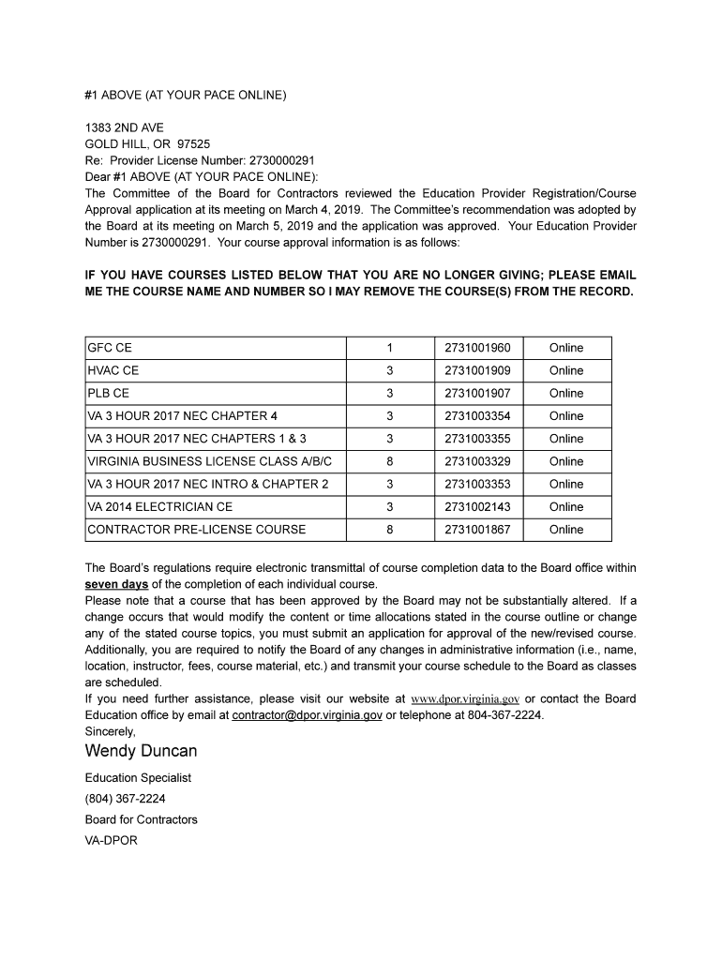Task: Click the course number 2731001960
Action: (x=477, y=348)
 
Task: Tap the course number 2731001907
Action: (x=477, y=394)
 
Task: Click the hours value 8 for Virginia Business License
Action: (x=389, y=461)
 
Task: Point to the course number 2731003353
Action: (x=477, y=484)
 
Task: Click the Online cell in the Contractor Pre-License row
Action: (x=566, y=530)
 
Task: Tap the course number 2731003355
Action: (x=477, y=439)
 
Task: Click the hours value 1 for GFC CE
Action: (x=389, y=348)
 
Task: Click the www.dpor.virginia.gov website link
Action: (x=465, y=699)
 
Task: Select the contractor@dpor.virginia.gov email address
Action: (x=308, y=715)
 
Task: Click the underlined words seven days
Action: (x=116, y=584)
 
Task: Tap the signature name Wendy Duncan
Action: (x=141, y=751)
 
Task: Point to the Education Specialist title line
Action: (x=138, y=778)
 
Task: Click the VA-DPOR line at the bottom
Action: (x=111, y=841)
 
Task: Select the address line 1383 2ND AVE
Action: (x=125, y=127)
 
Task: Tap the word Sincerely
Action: (x=110, y=731)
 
